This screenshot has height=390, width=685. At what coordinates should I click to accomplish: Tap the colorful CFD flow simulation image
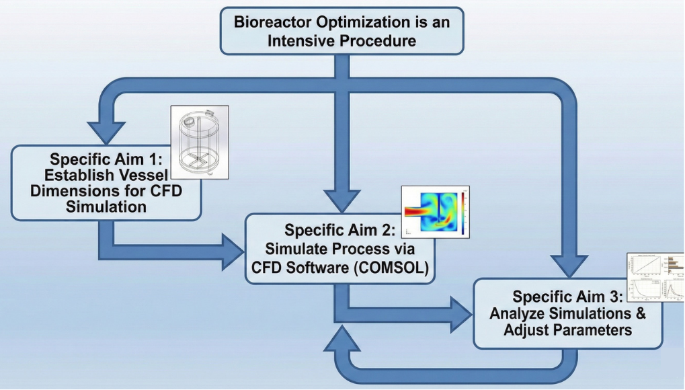(x=435, y=211)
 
